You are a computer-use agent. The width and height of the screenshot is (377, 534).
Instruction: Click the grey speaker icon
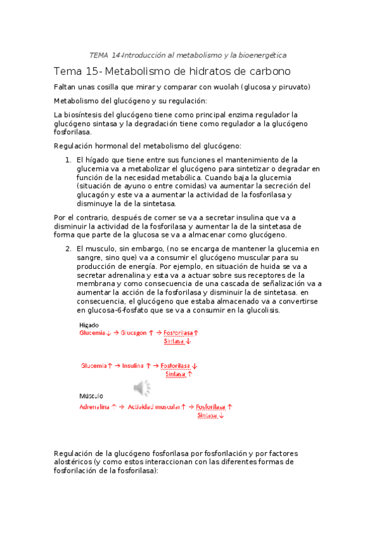pos(142,388)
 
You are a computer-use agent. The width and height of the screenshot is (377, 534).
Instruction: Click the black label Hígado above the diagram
pos(89,324)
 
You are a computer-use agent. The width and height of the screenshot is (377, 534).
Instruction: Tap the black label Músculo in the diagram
pos(91,396)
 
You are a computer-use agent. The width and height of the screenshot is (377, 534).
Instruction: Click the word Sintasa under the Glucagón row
pos(175,341)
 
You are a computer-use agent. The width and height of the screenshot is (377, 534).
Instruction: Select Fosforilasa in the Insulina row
pos(176,365)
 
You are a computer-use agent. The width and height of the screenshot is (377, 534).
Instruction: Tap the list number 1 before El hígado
pos(68,160)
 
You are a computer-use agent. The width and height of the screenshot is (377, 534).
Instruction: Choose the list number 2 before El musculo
pos(68,249)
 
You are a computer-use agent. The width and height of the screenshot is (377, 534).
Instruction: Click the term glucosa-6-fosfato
pos(111,310)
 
